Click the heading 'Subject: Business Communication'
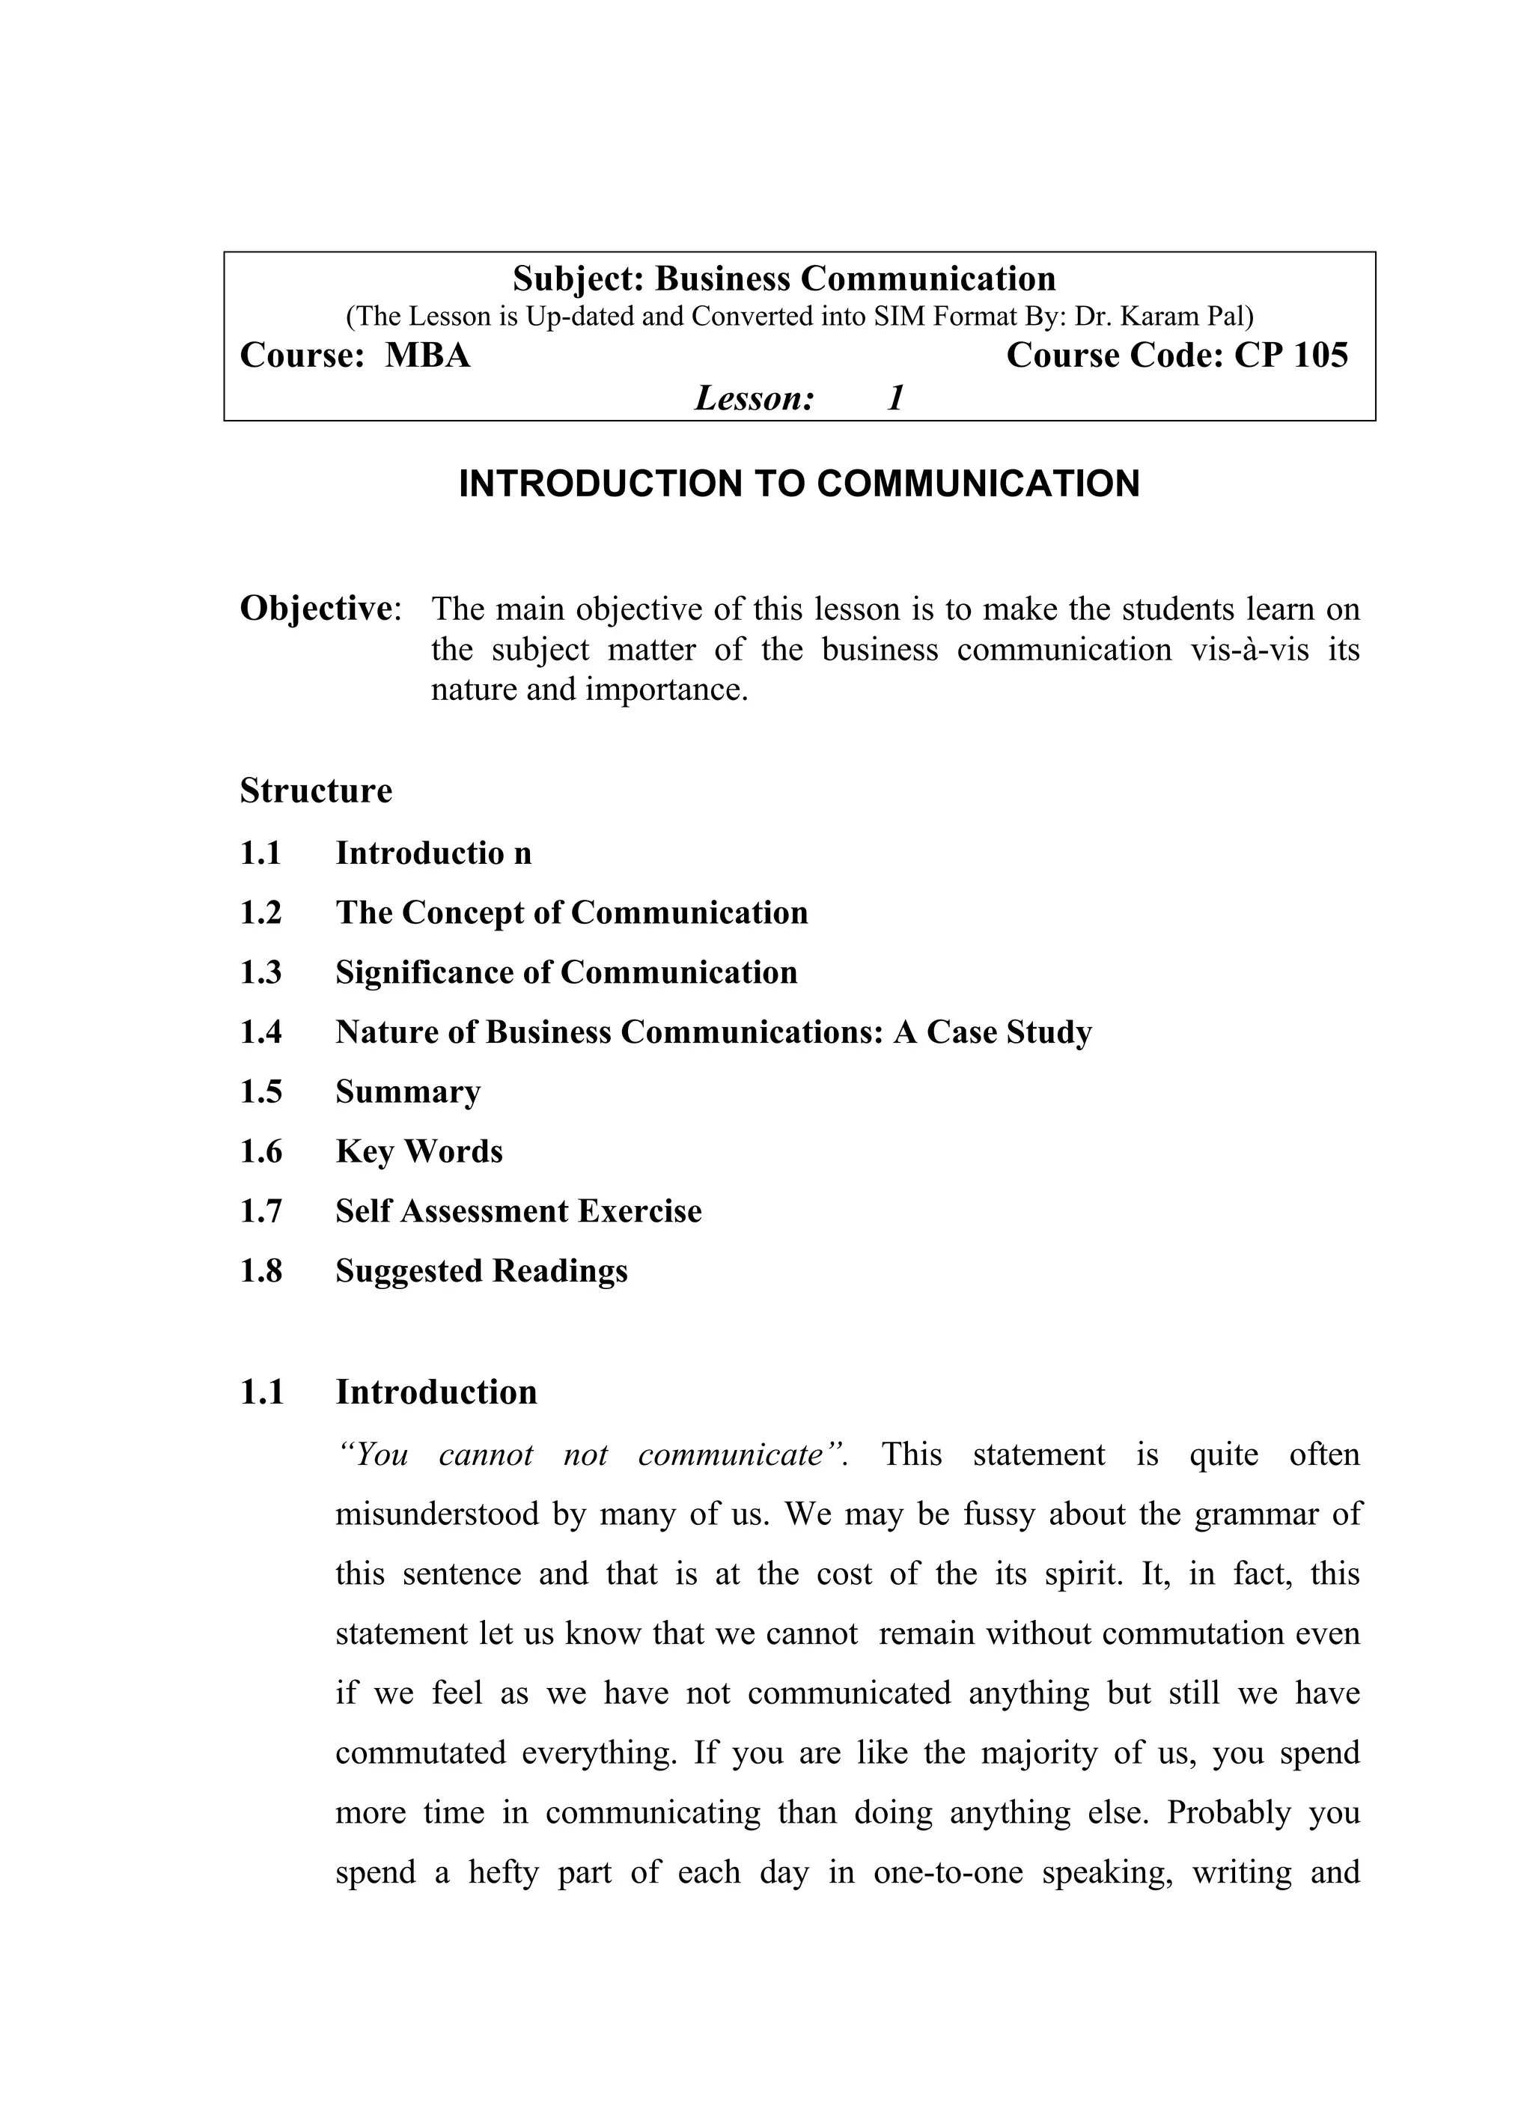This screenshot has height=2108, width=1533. tap(784, 278)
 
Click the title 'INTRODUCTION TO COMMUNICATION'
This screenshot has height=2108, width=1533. tap(799, 484)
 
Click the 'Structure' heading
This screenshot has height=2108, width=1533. tap(316, 791)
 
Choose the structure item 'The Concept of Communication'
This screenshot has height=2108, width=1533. tap(572, 913)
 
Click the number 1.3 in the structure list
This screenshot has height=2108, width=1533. tap(261, 972)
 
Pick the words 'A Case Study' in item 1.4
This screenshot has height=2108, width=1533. tap(992, 1032)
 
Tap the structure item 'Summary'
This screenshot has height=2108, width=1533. tap(408, 1091)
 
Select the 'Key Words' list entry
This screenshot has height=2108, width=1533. tap(419, 1151)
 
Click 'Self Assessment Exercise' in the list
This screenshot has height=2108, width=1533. tap(519, 1211)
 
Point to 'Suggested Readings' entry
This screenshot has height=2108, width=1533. tap(481, 1270)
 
